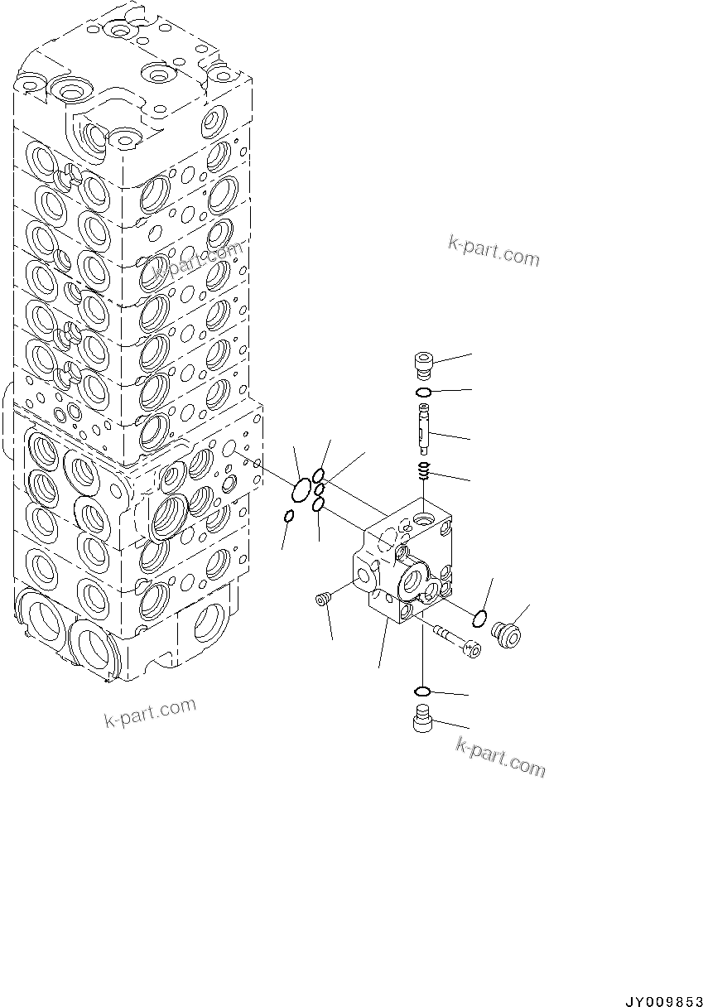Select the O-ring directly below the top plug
pyautogui.click(x=422, y=393)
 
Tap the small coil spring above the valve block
pyautogui.click(x=423, y=472)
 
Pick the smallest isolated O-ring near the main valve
pyautogui.click(x=288, y=517)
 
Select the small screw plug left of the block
pyautogui.click(x=323, y=598)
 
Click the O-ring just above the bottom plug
pyautogui.click(x=421, y=691)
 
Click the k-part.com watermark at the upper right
pyautogui.click(x=494, y=251)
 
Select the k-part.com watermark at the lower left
pyautogui.click(x=150, y=713)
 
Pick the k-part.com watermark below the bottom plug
pyautogui.click(x=500, y=757)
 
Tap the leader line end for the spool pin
pyautogui.click(x=470, y=438)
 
